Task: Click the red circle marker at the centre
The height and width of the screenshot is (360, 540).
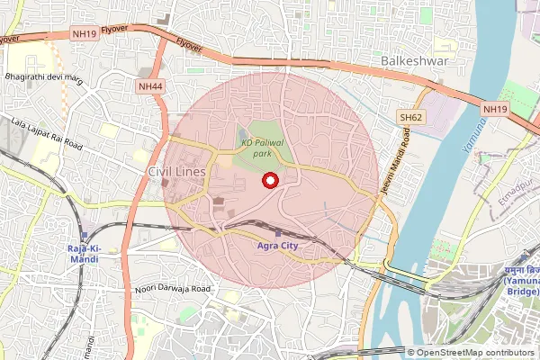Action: pyautogui.click(x=268, y=181)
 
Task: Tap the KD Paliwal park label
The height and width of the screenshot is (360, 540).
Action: pyautogui.click(x=267, y=148)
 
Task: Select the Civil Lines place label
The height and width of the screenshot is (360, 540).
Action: pyautogui.click(x=176, y=171)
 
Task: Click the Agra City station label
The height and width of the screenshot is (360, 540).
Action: pyautogui.click(x=278, y=245)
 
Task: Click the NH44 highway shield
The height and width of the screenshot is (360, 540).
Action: pyautogui.click(x=150, y=86)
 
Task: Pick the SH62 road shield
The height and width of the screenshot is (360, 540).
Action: pyautogui.click(x=412, y=118)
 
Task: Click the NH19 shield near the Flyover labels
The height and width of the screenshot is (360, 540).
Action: pyautogui.click(x=85, y=34)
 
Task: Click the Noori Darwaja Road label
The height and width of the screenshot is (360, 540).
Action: pyautogui.click(x=171, y=289)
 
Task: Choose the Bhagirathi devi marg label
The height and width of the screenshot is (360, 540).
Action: pyautogui.click(x=43, y=81)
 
